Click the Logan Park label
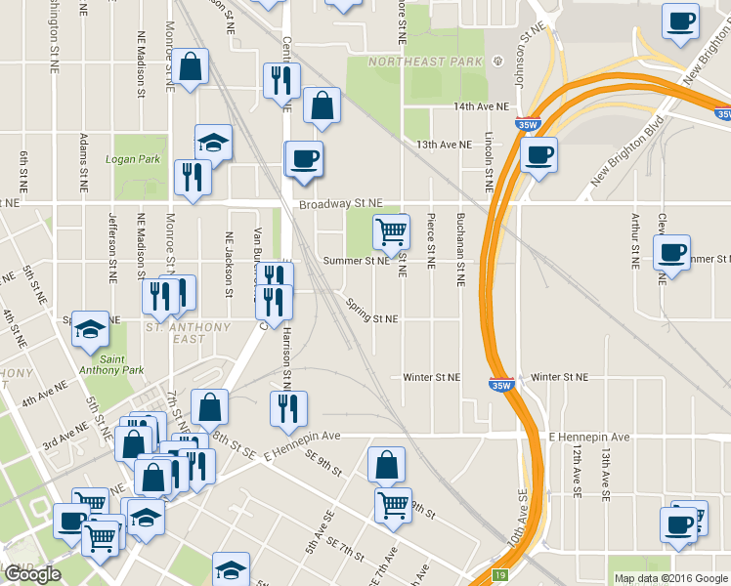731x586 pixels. (133, 159)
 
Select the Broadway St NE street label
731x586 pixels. (340, 204)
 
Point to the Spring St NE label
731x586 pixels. (372, 318)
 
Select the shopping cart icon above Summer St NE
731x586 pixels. (391, 232)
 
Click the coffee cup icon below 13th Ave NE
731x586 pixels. (537, 154)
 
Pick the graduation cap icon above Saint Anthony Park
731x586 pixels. (91, 328)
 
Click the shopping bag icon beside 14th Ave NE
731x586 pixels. (321, 106)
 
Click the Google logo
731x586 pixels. (32, 574)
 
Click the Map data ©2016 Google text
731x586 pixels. (669, 577)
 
